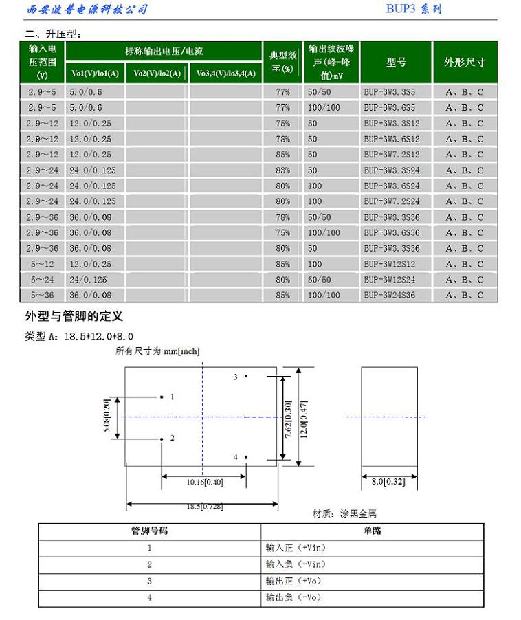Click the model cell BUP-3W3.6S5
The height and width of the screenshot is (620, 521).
(389, 108)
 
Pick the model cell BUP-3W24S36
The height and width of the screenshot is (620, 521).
(389, 295)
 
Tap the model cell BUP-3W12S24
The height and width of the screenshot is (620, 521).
(389, 280)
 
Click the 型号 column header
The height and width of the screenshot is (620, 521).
(396, 63)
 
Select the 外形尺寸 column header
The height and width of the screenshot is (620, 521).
(465, 63)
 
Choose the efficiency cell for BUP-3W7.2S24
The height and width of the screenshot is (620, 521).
(282, 201)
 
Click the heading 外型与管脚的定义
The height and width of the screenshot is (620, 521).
(74, 316)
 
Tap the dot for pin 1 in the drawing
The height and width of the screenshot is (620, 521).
(162, 397)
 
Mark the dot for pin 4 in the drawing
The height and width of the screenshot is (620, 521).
(245, 457)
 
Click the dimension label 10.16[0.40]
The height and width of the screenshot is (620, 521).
(204, 483)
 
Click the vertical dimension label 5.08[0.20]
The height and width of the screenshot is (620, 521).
(107, 417)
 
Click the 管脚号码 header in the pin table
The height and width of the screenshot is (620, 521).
(149, 531)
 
